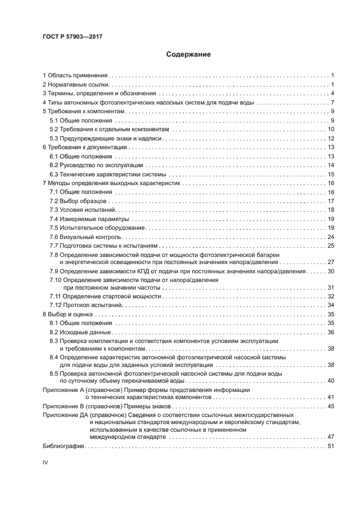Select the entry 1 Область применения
(x=76, y=75)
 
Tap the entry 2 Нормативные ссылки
(x=76, y=85)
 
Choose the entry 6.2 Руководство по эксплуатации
(x=96, y=165)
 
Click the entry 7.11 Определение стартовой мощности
(x=106, y=296)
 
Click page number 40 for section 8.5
(x=330, y=381)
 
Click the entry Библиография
(x=63, y=446)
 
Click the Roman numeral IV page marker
(x=46, y=462)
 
